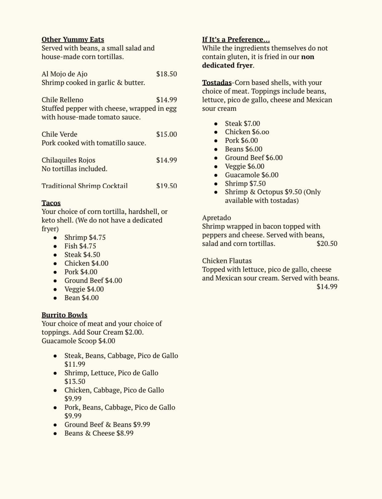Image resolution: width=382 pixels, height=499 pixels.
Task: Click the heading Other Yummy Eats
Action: click(x=73, y=40)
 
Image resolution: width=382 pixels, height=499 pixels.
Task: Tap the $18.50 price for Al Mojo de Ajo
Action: click(x=166, y=74)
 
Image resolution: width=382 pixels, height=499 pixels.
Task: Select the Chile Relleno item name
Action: click(x=62, y=100)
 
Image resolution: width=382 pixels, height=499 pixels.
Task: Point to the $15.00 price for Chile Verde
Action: click(x=166, y=134)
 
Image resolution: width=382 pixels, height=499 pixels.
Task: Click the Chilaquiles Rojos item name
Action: click(x=68, y=160)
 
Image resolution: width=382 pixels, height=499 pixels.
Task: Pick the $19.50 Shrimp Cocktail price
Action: click(x=166, y=186)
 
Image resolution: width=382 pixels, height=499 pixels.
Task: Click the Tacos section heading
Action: click(x=51, y=203)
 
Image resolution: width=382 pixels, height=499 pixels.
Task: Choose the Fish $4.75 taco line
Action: click(x=80, y=246)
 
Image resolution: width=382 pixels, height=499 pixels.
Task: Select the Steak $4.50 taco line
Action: click(x=82, y=255)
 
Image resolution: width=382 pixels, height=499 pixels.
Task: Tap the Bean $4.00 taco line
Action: click(x=82, y=298)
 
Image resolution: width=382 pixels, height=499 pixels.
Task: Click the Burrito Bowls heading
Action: click(x=65, y=315)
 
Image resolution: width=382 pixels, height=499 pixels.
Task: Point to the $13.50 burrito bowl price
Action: click(x=75, y=381)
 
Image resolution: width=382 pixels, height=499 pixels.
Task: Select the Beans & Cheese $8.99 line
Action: click(x=99, y=433)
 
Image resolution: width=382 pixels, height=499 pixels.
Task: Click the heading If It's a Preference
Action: click(x=236, y=40)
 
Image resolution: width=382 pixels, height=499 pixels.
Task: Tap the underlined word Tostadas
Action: click(x=217, y=83)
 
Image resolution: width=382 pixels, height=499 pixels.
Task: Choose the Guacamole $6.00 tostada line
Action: click(x=252, y=175)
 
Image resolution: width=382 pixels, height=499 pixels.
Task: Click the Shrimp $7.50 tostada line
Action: click(x=245, y=183)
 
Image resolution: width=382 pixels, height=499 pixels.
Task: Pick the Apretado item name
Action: click(x=217, y=218)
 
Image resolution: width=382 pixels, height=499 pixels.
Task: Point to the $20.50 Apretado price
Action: click(x=327, y=243)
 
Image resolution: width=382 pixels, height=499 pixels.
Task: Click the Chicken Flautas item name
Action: click(x=227, y=261)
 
